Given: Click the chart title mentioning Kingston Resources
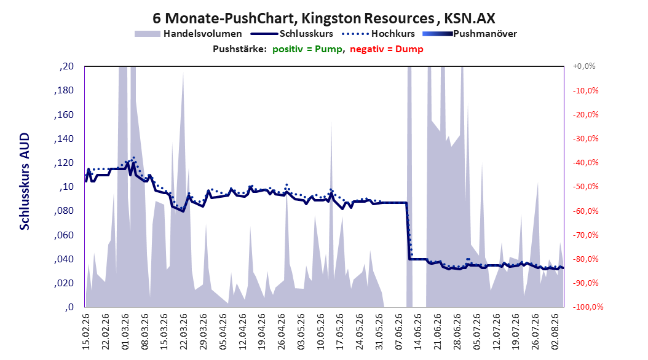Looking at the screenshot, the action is tap(323, 18).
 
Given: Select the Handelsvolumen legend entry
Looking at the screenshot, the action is tap(188, 34).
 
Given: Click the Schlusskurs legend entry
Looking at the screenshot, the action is tap(292, 34).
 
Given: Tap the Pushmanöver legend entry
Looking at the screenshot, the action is tap(470, 34).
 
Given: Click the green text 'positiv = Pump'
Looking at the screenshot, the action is tap(307, 49).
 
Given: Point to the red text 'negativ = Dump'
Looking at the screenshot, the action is tap(387, 49).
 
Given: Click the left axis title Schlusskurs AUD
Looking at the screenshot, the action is tap(25, 181).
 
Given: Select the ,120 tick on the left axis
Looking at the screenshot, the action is tap(64, 163).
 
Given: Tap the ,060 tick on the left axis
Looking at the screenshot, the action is tap(64, 235).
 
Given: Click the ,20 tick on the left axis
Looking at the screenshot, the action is tap(66, 66).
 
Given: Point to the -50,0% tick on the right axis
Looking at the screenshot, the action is tap(585, 187).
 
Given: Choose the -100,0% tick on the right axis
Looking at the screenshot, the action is tap(588, 307).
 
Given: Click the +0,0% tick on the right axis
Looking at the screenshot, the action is tap(584, 66).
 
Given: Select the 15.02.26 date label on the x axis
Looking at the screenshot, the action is tap(86, 332).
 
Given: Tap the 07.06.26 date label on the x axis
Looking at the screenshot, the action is tap(399, 332).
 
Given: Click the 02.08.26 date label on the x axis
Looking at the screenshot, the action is tap(555, 332).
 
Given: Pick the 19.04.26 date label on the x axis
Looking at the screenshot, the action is tap(262, 332).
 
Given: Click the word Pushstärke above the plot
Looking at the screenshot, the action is tap(240, 49).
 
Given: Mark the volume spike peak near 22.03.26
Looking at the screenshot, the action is tap(183, 72).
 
